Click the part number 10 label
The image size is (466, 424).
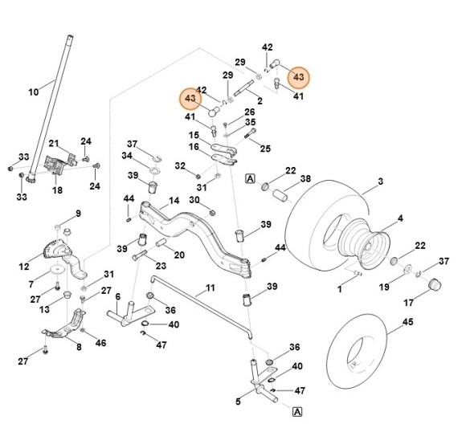coord(33,92)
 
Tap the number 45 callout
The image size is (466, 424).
coord(407,322)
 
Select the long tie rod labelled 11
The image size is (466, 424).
coord(201,305)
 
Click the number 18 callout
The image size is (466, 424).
coord(57,190)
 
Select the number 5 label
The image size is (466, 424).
coord(238,401)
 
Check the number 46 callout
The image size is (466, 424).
coord(100,343)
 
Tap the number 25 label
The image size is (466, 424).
coord(265,149)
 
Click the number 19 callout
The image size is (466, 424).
coord(384,287)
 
